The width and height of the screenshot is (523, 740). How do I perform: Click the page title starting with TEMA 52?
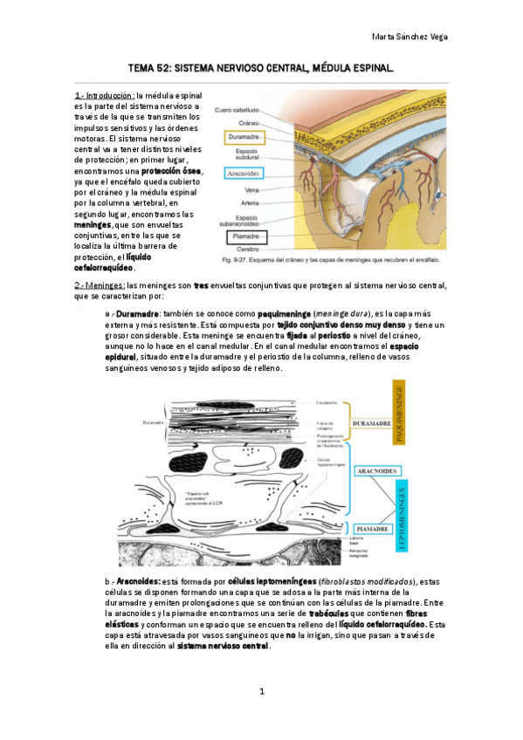261,67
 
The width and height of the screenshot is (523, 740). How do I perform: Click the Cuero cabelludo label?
237,110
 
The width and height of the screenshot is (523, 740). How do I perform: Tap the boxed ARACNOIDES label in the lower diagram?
377,471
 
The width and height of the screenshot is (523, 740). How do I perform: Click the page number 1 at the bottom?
261,692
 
